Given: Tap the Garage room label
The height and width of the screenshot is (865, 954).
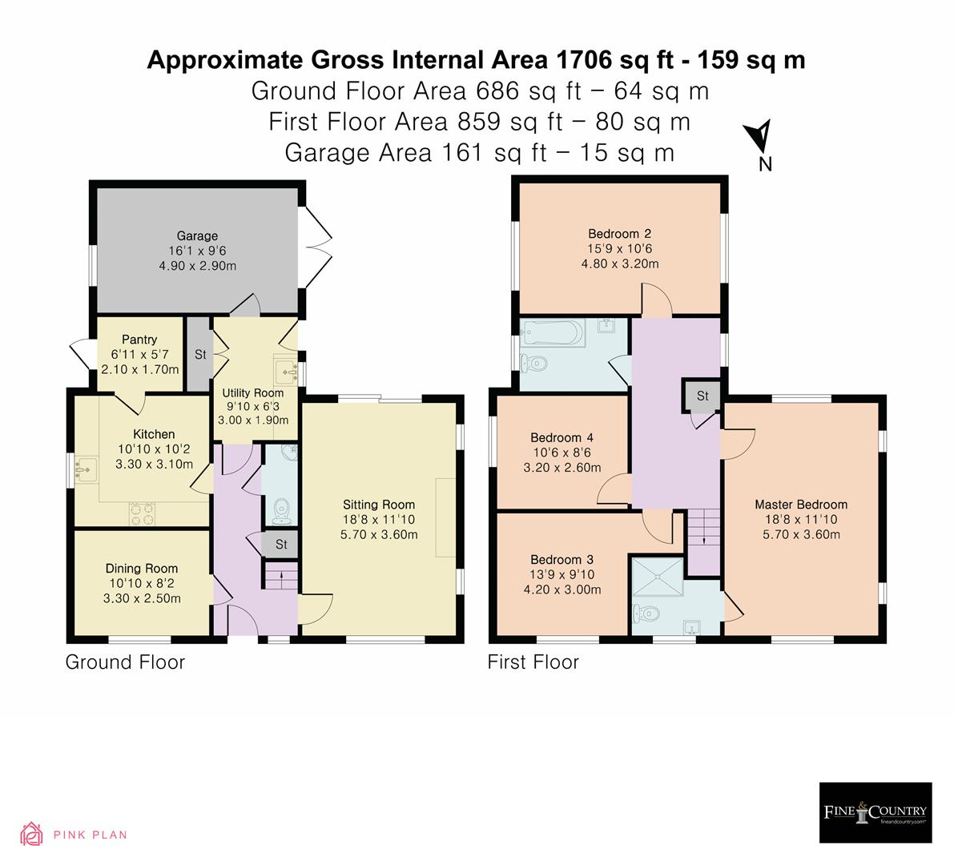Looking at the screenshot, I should coord(197,236).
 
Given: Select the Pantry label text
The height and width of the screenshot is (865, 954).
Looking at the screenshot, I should coord(139,340).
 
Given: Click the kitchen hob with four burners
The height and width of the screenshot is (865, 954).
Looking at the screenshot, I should coord(141,513).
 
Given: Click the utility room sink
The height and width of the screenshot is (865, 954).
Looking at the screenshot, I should coord(287,370).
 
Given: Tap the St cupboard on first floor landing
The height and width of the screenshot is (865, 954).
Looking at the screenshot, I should coord(702,396).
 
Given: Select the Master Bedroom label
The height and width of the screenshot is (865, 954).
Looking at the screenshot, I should coord(800,505).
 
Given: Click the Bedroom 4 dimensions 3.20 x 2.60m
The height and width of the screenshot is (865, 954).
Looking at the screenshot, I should coord(562,468).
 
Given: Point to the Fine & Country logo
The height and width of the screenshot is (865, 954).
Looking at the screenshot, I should coord(876,812).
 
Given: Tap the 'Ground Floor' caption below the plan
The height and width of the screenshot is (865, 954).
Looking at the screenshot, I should coord(125,662).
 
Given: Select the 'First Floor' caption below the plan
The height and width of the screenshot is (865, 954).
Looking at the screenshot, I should coord(533,662).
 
